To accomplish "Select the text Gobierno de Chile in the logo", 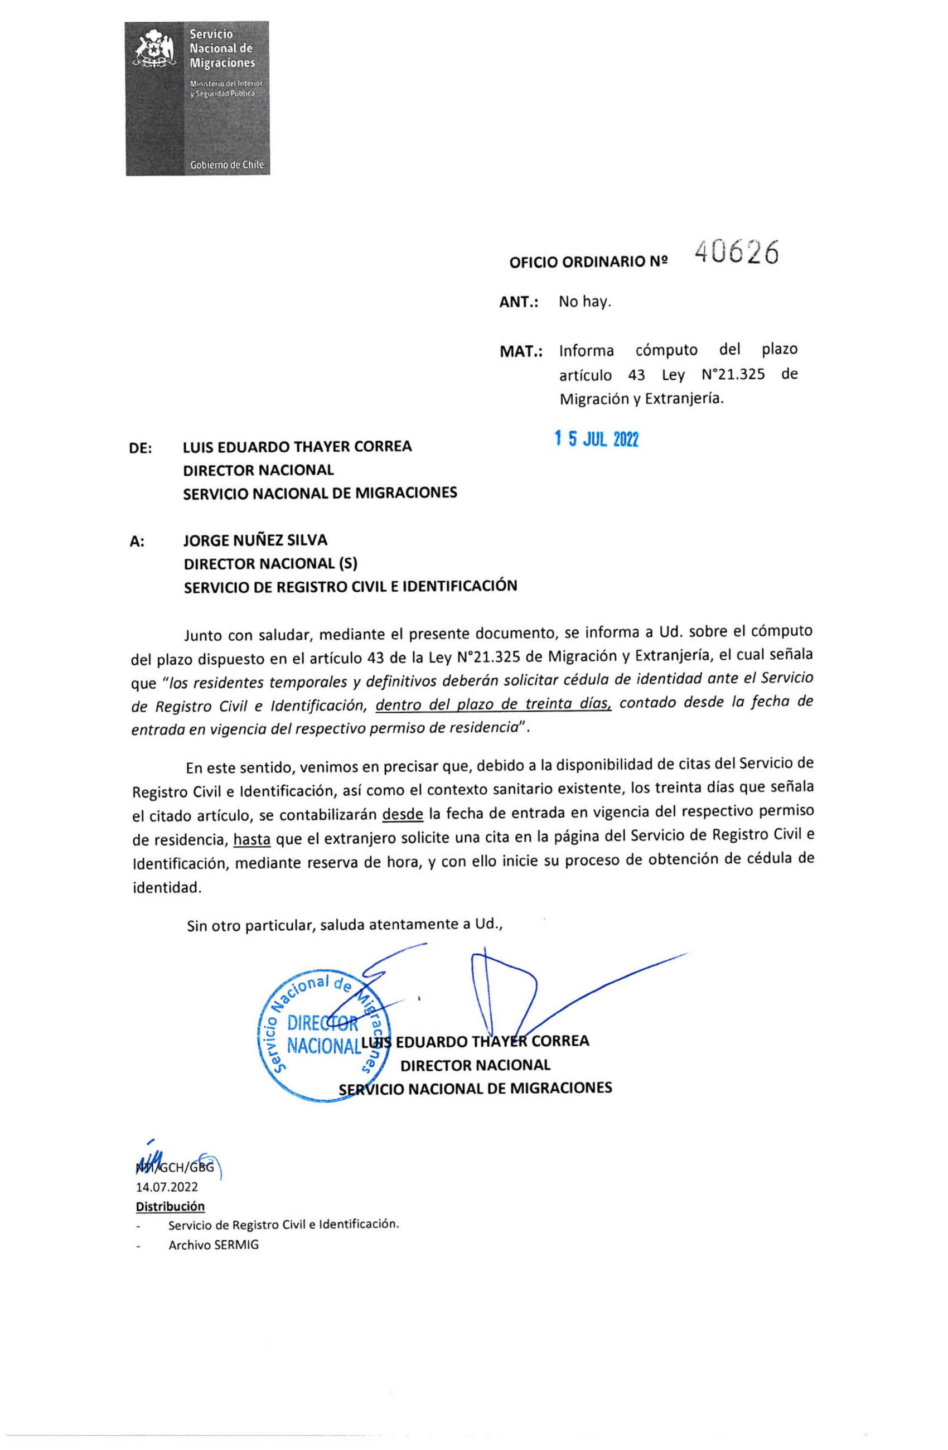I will point(226,165).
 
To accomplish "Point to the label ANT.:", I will point(519,302).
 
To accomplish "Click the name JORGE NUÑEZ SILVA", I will point(255,540).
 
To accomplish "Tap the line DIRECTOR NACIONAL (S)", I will point(270,564).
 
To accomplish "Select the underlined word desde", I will point(402,813).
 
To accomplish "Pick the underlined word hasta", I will point(251,840).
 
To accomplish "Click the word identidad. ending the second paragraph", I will point(166,888).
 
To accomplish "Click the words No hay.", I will point(584,302).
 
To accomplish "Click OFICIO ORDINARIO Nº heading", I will point(588,262).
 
